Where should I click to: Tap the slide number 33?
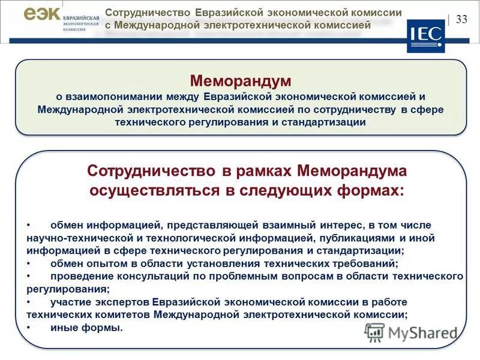(x=461, y=19)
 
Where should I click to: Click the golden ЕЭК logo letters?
(x=42, y=14)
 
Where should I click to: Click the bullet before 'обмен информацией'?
(x=29, y=225)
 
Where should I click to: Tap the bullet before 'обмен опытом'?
(x=29, y=263)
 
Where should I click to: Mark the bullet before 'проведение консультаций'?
(x=29, y=275)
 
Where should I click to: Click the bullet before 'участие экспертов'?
(x=29, y=301)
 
